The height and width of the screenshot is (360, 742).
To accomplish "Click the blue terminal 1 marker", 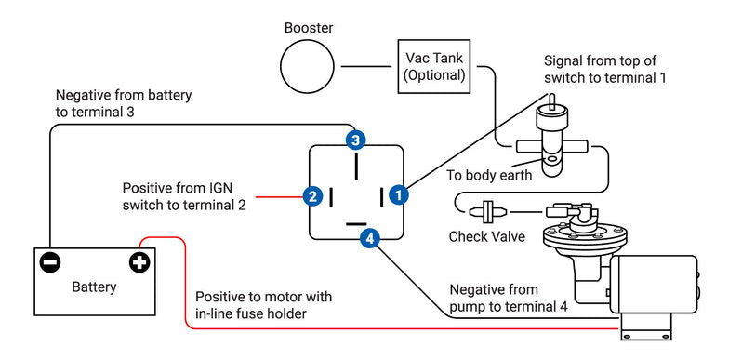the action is [x=399, y=194].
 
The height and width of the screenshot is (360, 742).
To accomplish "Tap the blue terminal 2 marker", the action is [x=312, y=195].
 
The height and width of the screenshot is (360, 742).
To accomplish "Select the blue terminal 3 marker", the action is [x=355, y=140].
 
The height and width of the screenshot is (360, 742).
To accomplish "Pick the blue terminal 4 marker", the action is [x=369, y=239].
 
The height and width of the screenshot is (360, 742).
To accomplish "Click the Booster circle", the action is [x=307, y=66].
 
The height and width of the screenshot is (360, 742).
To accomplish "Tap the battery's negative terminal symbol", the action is [x=50, y=262].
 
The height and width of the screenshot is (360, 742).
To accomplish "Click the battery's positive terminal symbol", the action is [x=139, y=262].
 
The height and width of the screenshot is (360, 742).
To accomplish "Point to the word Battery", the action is [x=94, y=287].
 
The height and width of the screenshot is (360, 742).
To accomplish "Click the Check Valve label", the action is [x=487, y=236].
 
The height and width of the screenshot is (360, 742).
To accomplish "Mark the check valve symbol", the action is [x=489, y=211].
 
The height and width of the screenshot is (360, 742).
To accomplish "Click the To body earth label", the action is [x=489, y=175].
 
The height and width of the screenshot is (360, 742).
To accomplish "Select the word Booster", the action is [x=309, y=28].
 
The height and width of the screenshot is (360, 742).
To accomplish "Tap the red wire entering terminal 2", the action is [x=279, y=196].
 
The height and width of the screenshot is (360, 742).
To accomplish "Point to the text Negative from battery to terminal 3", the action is [x=124, y=104].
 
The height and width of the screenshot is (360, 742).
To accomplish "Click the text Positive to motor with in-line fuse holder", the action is [x=264, y=305].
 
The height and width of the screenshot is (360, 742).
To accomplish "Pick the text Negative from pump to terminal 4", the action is [x=509, y=298].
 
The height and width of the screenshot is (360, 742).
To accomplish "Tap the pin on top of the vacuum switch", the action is [x=551, y=101].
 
